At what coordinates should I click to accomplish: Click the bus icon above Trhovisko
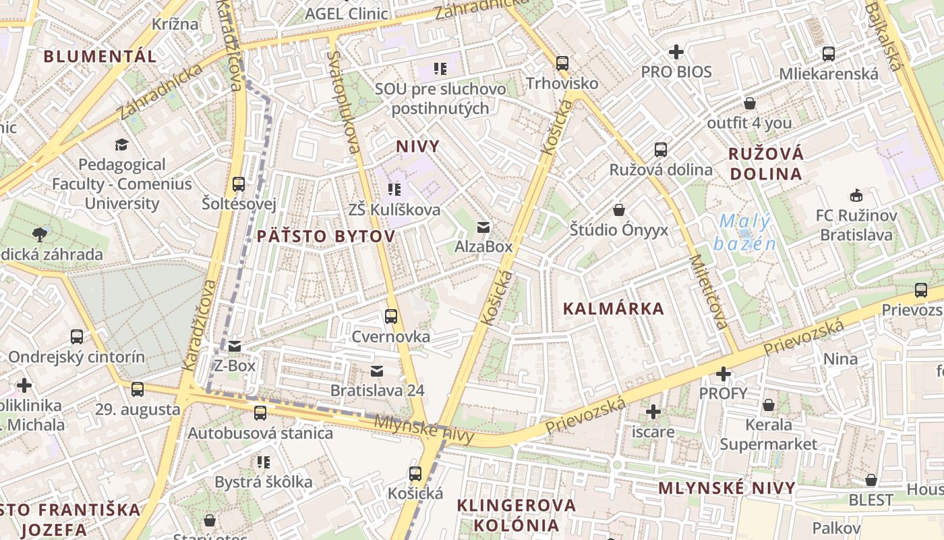point(562,63)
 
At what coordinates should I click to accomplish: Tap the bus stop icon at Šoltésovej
point(238,184)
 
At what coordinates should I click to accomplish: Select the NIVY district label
point(417,146)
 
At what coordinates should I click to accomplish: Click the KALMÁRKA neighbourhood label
point(613,309)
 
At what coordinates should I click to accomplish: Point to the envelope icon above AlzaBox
point(483,227)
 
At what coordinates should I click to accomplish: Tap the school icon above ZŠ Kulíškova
point(394,190)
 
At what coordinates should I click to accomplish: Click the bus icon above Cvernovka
point(390,316)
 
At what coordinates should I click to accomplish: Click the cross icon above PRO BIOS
point(676,52)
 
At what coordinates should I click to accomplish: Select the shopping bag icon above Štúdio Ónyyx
point(618,210)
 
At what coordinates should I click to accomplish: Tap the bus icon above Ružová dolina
point(660,150)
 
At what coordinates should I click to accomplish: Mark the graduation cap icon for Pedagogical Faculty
point(121,144)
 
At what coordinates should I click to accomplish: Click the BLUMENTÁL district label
point(100,56)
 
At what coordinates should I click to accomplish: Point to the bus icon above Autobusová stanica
point(260,413)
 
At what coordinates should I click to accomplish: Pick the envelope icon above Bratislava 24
point(376,371)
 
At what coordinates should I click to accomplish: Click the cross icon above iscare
point(653,411)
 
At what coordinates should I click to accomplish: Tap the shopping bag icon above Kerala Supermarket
point(768,405)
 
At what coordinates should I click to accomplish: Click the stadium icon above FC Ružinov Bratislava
point(856,196)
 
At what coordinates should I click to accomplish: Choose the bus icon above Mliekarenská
point(828,54)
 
